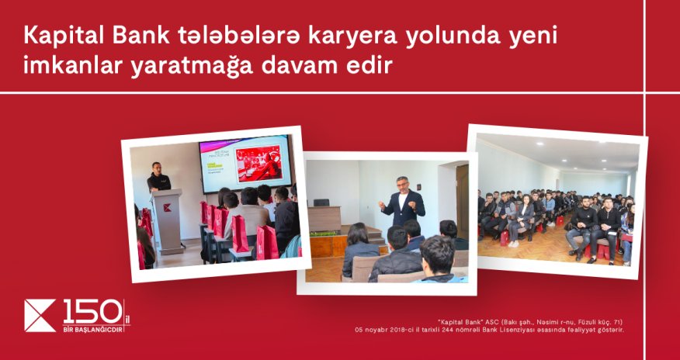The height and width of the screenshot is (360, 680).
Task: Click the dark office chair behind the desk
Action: (321, 202)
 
